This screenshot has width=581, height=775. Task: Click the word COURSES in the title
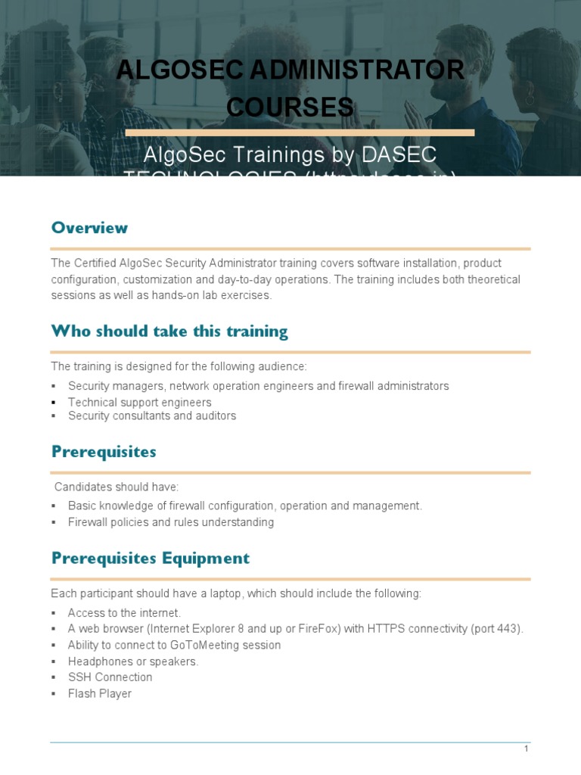point(290,107)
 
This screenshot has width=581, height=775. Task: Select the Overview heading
point(89,228)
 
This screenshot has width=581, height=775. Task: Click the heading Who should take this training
point(169,331)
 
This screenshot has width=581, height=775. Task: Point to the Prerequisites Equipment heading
point(150,559)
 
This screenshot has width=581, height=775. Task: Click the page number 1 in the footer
point(526,749)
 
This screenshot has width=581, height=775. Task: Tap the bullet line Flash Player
point(99,693)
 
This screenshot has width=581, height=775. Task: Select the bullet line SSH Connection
point(110,677)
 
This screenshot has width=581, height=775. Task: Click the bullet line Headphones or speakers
point(133,661)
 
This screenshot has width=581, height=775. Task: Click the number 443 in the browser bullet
point(509,629)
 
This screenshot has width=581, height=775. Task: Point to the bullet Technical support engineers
point(139,402)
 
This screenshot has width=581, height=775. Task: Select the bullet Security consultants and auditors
point(151,416)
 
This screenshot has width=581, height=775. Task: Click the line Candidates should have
point(117,487)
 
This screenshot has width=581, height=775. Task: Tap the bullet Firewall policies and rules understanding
point(170,522)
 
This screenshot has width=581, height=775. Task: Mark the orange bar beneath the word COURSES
point(300,132)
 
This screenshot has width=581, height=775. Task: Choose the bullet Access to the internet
point(124,612)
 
